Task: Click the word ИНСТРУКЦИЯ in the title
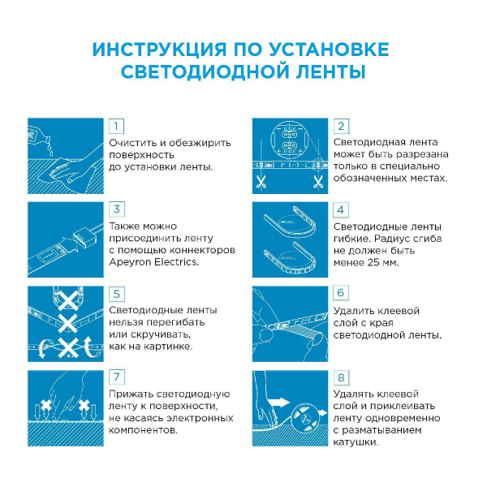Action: [160, 50]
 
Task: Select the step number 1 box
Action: [116, 126]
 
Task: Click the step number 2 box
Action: [341, 126]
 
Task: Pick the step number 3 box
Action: [116, 209]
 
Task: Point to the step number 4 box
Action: [341, 210]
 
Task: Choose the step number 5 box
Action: [116, 294]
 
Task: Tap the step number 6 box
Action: [341, 293]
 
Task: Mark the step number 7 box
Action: [116, 377]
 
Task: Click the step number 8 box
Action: [341, 377]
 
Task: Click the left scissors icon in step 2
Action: [261, 182]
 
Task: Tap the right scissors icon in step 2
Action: [318, 182]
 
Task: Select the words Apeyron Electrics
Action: [153, 262]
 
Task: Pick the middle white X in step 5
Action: [67, 323]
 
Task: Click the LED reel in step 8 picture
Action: [305, 417]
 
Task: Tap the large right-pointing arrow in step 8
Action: [278, 403]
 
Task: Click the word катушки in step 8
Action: [356, 442]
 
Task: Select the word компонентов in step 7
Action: [143, 430]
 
